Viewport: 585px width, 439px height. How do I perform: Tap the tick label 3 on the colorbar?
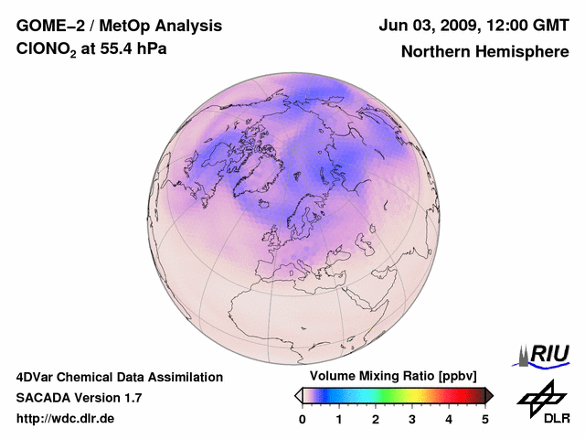[412, 419]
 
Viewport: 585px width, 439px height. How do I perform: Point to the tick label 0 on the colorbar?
[303, 419]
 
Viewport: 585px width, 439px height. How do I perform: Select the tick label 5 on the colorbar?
[485, 419]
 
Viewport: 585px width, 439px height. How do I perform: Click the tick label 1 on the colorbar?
[339, 419]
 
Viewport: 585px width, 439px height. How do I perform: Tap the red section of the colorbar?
[452, 395]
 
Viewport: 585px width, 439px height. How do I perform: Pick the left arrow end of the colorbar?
[298, 395]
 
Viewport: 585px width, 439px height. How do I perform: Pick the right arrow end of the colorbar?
[489, 395]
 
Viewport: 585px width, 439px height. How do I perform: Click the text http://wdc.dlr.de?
[66, 419]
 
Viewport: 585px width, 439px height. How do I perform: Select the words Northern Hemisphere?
[484, 51]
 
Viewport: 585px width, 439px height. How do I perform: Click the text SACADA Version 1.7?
[79, 398]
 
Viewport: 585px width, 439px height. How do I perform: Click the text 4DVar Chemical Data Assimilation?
[119, 377]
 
